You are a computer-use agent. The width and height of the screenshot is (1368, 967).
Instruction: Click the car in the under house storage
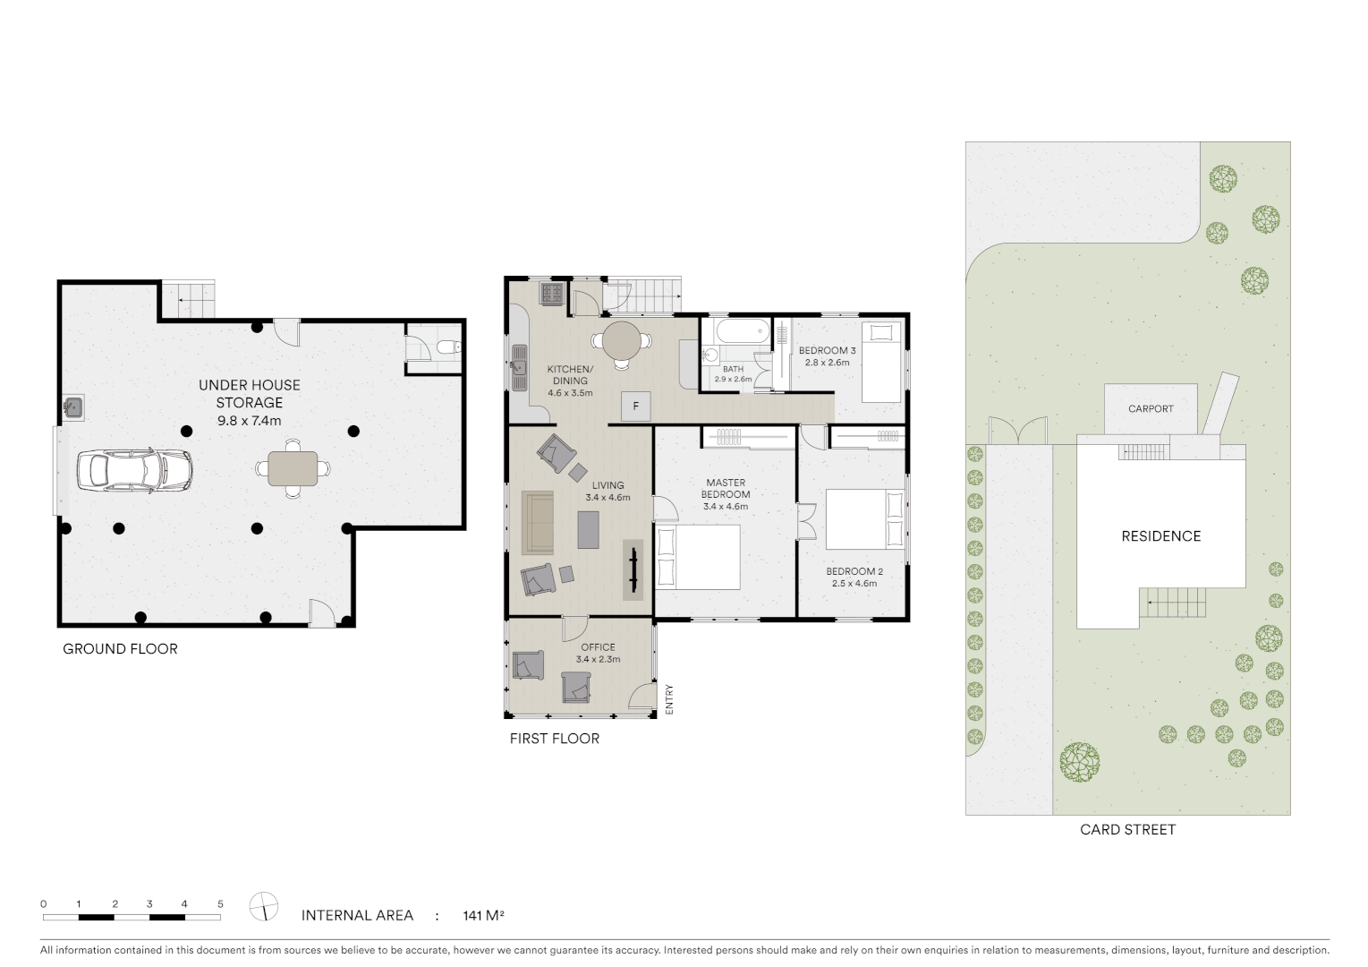tap(135, 469)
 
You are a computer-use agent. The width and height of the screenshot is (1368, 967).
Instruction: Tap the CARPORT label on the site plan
tap(1150, 409)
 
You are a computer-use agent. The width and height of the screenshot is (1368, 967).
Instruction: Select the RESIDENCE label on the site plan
tap(1160, 536)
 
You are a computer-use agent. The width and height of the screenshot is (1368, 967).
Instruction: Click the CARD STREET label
tap(1127, 830)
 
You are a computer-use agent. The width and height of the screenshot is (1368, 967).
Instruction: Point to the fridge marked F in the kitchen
tap(636, 406)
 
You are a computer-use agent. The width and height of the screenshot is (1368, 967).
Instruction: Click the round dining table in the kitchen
tap(622, 340)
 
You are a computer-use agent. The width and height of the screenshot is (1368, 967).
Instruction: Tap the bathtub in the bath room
tap(735, 331)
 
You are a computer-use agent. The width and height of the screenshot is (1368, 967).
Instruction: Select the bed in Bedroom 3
tap(882, 363)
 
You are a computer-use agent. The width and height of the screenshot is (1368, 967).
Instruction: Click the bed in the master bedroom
tap(698, 557)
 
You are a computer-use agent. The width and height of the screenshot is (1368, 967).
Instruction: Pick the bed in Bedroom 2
tap(864, 519)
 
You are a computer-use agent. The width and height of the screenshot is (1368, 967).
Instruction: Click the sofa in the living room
tap(538, 521)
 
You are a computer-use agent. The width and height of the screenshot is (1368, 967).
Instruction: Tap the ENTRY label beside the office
tap(668, 698)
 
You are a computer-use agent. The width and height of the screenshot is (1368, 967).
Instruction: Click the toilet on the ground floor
tap(449, 347)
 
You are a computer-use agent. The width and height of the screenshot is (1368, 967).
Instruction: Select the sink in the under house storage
tap(73, 408)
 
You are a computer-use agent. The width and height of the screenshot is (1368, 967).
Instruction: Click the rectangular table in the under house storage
tap(293, 468)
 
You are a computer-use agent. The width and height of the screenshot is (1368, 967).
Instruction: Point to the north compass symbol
tap(264, 906)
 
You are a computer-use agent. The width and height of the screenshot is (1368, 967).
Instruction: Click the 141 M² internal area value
tap(483, 916)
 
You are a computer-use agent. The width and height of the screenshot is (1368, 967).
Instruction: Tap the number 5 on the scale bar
tap(220, 904)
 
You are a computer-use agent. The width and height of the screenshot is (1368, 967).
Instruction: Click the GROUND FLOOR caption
tap(120, 649)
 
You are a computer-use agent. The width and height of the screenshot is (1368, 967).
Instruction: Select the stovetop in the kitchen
tap(551, 294)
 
